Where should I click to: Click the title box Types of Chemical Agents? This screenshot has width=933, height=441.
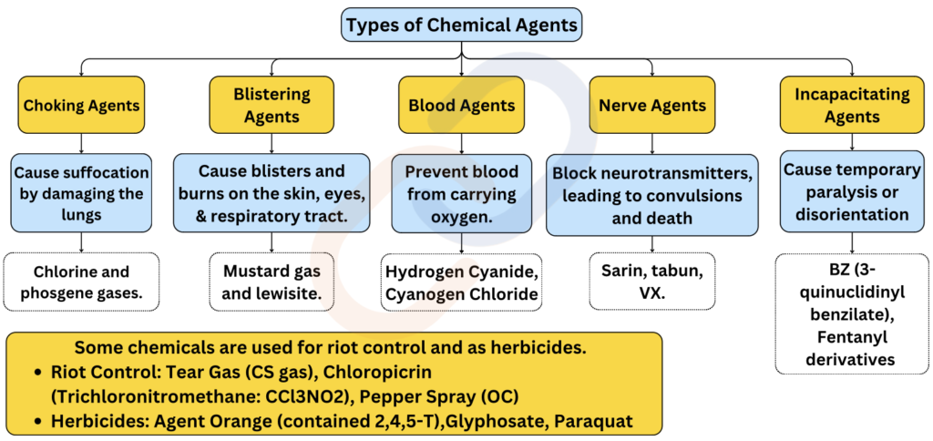461,25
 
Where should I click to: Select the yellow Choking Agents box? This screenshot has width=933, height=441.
81,106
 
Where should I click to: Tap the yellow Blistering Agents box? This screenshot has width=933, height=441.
272,106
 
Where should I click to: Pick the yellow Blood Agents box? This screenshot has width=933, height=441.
462,106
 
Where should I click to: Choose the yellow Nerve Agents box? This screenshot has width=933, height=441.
652,106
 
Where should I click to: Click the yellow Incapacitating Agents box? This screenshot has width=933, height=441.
852,106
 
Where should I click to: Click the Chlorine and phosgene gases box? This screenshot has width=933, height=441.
81,282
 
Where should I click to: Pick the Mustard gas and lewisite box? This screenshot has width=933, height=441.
272,282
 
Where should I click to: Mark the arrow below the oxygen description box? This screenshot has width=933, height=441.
462,242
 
